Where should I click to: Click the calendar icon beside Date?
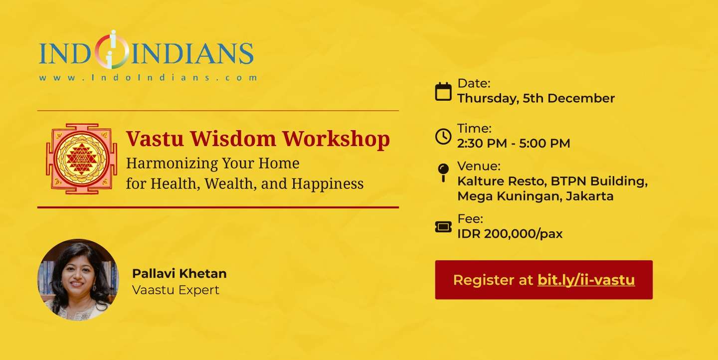click(443, 92)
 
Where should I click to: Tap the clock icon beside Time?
click(443, 136)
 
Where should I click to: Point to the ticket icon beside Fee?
click(443, 227)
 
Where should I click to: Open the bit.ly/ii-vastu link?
click(586, 280)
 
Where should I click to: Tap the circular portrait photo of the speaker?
click(78, 280)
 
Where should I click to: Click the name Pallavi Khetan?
click(179, 273)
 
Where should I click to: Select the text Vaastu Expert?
click(176, 290)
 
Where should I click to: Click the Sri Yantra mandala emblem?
click(81, 159)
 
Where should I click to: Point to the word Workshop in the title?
click(336, 139)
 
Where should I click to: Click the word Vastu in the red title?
click(155, 139)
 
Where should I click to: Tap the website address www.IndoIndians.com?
click(148, 78)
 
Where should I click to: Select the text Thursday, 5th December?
click(536, 98)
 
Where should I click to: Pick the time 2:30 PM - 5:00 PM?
click(514, 143)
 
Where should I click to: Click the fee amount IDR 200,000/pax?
click(510, 234)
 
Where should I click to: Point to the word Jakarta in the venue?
click(589, 196)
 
